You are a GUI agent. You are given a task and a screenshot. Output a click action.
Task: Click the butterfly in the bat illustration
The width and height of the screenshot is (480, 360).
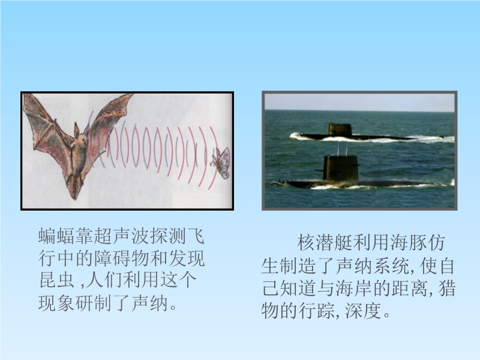(221, 163)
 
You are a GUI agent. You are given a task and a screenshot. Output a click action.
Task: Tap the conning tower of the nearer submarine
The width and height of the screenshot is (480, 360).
(340, 169)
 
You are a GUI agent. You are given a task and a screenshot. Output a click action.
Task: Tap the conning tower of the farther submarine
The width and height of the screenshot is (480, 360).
(340, 130)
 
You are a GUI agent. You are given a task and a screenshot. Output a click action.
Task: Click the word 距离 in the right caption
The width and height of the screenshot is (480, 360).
(410, 289)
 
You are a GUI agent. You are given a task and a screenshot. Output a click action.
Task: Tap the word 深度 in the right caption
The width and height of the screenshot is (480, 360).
(363, 311)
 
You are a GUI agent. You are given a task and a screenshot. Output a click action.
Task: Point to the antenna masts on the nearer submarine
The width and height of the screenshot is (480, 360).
(342, 149)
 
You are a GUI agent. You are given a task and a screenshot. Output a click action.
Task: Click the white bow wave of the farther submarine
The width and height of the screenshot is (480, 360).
(297, 136)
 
